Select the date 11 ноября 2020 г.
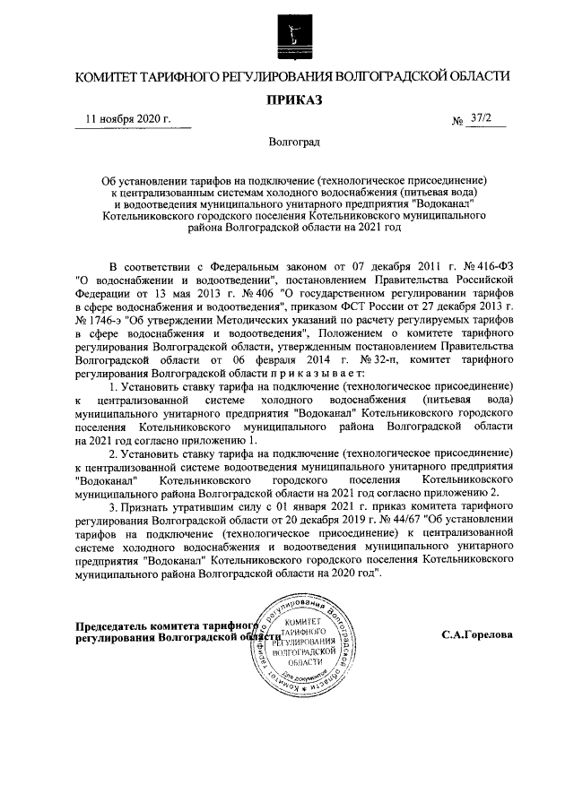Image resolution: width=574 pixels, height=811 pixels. [126, 119]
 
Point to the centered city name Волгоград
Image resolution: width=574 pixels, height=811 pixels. [288, 142]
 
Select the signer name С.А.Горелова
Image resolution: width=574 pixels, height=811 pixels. [477, 634]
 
